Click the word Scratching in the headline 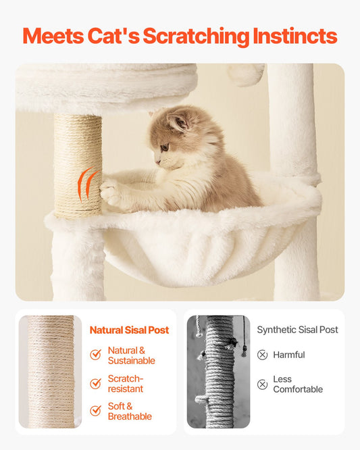(196, 36)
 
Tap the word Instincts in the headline (295, 36)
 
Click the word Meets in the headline (53, 36)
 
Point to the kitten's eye (165, 147)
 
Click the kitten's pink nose (157, 162)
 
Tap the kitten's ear (178, 122)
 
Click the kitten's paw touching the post (109, 193)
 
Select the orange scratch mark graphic (87, 184)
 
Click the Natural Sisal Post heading (130, 330)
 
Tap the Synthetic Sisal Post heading (297, 330)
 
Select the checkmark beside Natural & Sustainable (95, 355)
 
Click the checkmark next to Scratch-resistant (95, 383)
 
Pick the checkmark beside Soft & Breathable (95, 410)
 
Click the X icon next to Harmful (262, 355)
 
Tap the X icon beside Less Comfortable (262, 384)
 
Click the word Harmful (289, 355)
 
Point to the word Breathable (130, 416)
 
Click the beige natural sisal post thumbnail (50, 372)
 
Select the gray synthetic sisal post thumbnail (218, 372)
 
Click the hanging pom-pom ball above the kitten (246, 74)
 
